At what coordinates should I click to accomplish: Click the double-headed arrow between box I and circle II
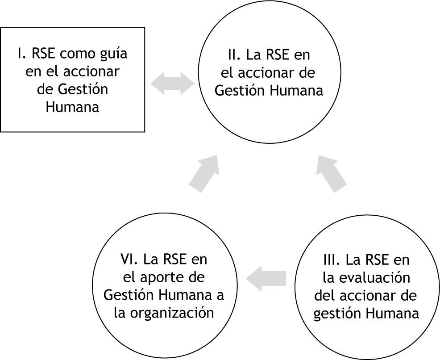pyautogui.click(x=172, y=84)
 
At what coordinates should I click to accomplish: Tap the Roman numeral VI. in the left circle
pyautogui.click(x=130, y=259)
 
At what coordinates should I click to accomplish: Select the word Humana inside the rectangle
pyautogui.click(x=72, y=107)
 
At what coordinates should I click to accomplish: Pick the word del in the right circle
pyautogui.click(x=324, y=295)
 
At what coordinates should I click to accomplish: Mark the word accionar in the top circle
pyautogui.click(x=272, y=72)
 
